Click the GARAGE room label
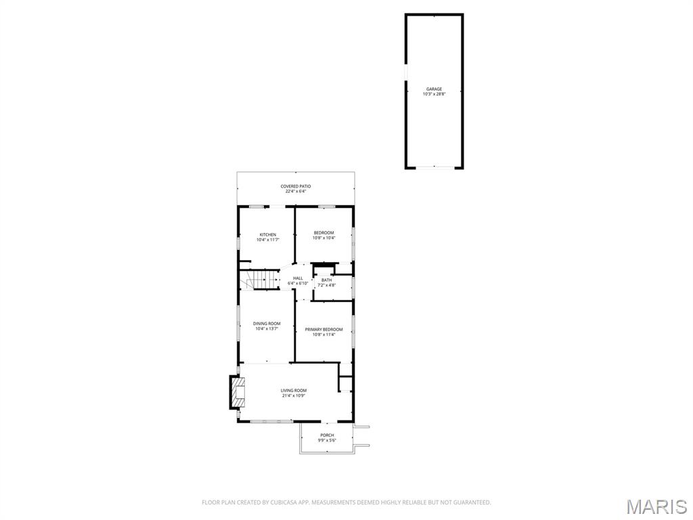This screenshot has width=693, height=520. [434, 89]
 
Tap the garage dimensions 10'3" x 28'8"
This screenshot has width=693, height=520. [434, 94]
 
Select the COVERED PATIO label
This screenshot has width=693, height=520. [296, 186]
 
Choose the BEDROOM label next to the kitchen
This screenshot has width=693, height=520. [323, 233]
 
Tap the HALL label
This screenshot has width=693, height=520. [298, 278]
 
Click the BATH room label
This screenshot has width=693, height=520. [327, 280]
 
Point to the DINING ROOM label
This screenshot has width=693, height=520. [267, 324]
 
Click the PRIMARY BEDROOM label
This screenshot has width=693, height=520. [323, 330]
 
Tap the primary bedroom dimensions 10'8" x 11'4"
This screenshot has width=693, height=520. [323, 334]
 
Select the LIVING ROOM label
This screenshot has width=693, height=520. [294, 391]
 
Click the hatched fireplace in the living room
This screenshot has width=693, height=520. [237, 392]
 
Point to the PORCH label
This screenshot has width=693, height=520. [328, 435]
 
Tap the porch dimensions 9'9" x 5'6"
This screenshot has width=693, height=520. [328, 441]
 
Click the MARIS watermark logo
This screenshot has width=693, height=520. [656, 506]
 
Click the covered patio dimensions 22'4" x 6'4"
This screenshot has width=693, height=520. [296, 192]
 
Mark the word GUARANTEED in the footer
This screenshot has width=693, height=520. [471, 502]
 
